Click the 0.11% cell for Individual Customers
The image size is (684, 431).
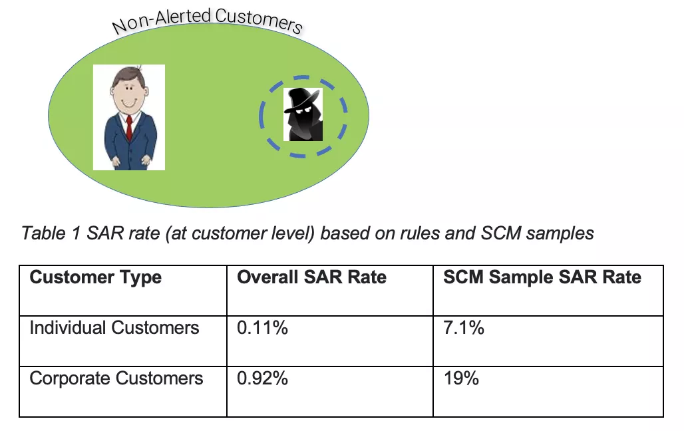262,327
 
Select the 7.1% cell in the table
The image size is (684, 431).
464,327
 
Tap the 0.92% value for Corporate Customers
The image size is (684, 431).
262,378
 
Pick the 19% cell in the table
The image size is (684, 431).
461,378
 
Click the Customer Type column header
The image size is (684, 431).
96,277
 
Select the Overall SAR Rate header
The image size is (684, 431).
311,277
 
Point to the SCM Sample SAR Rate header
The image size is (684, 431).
542,277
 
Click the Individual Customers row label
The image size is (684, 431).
114,327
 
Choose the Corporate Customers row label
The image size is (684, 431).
116,378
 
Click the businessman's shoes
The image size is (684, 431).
128,163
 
